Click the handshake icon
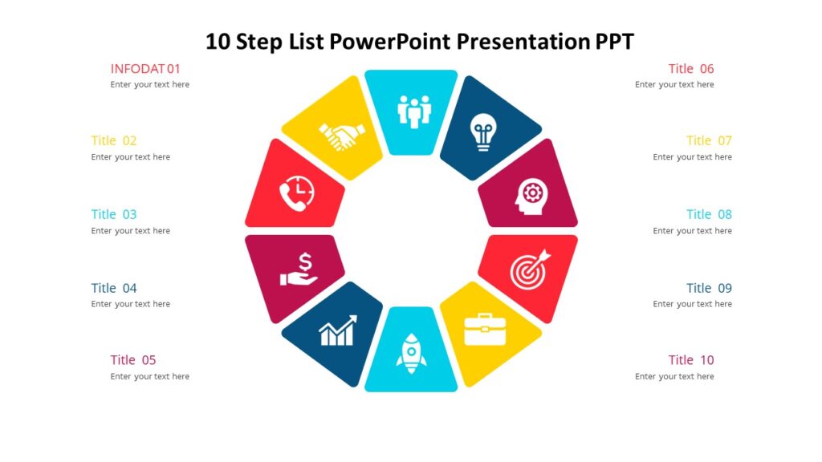click(x=342, y=136)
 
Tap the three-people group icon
click(x=414, y=111)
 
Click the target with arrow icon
click(x=531, y=269)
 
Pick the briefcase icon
click(x=485, y=329)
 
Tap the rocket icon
click(x=411, y=353)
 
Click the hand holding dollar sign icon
click(x=299, y=269)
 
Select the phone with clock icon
click(x=296, y=192)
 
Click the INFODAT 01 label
click(x=145, y=69)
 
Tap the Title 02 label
click(x=114, y=140)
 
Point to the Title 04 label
click(x=114, y=288)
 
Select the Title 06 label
click(x=691, y=69)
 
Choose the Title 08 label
click(x=709, y=214)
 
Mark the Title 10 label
click(x=691, y=360)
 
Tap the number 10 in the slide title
click(x=218, y=42)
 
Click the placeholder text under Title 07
click(x=693, y=157)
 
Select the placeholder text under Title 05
click(x=150, y=377)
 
